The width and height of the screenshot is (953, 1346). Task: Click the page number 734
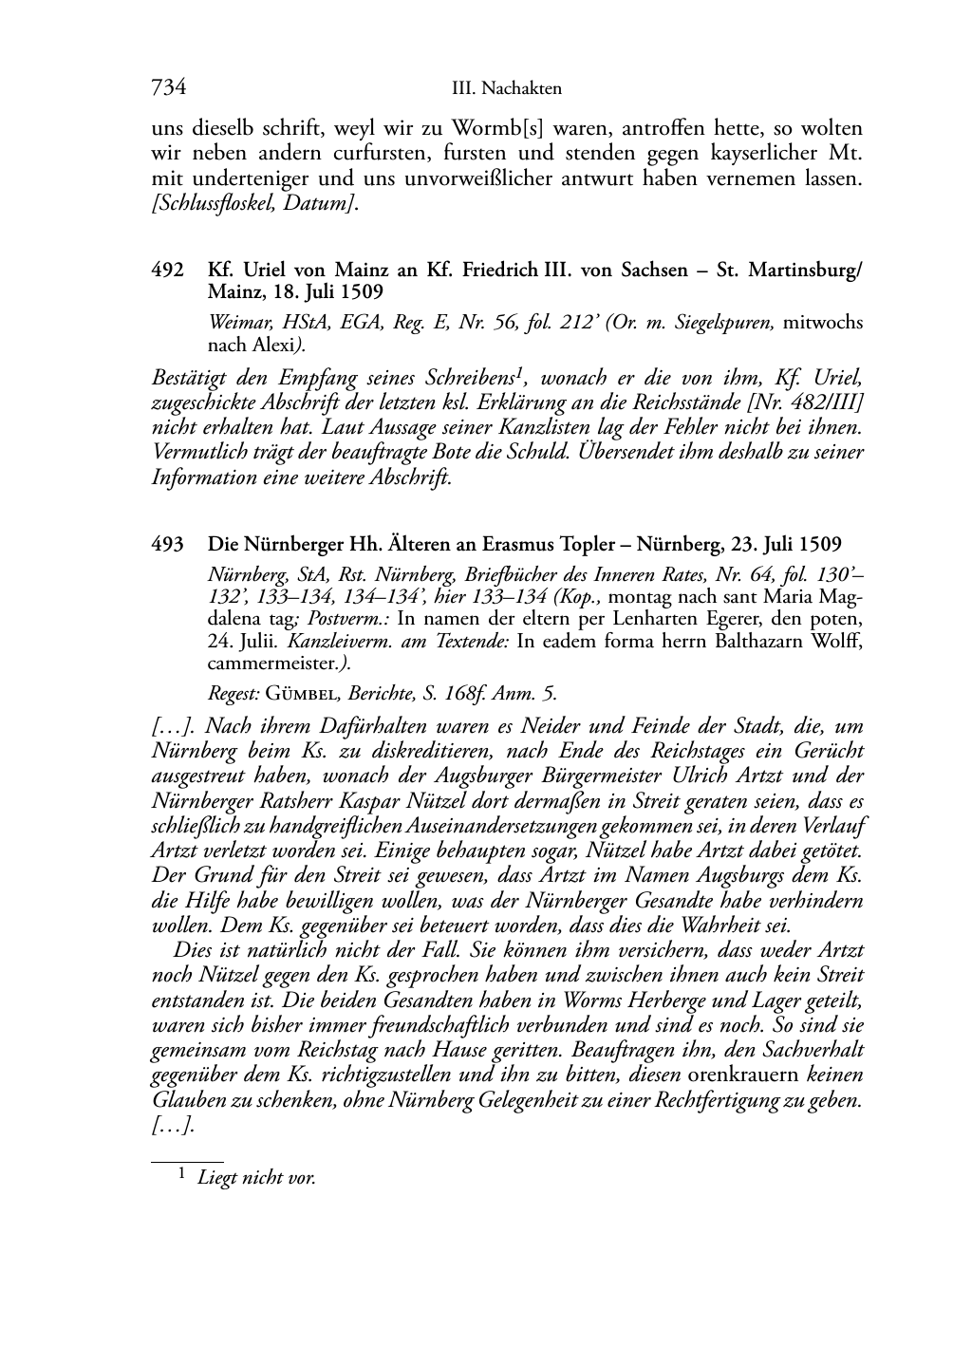(x=168, y=88)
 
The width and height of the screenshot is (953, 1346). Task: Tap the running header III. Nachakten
(x=507, y=89)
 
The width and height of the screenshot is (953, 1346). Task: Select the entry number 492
(x=167, y=270)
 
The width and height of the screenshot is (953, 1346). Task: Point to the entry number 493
(x=167, y=544)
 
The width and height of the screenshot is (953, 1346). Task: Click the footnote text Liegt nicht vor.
(x=256, y=1178)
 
